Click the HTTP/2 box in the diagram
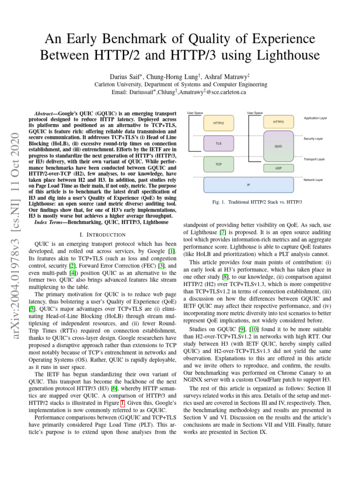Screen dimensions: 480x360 point(218,123)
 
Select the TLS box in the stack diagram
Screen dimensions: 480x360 point(218,143)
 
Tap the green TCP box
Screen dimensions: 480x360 point(218,165)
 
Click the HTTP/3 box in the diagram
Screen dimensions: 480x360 point(278,122)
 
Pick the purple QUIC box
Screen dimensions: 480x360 point(278,146)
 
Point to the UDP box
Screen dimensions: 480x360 point(278,167)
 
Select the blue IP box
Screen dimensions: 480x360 point(248,185)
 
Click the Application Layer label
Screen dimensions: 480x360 point(315,118)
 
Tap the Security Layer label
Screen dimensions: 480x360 point(313,139)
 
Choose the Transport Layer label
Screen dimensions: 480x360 point(314,159)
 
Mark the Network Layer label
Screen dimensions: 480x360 point(314,180)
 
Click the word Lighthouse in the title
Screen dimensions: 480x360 point(286,56)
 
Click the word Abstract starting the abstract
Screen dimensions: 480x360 point(47,114)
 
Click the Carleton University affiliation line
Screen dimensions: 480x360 point(180,85)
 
